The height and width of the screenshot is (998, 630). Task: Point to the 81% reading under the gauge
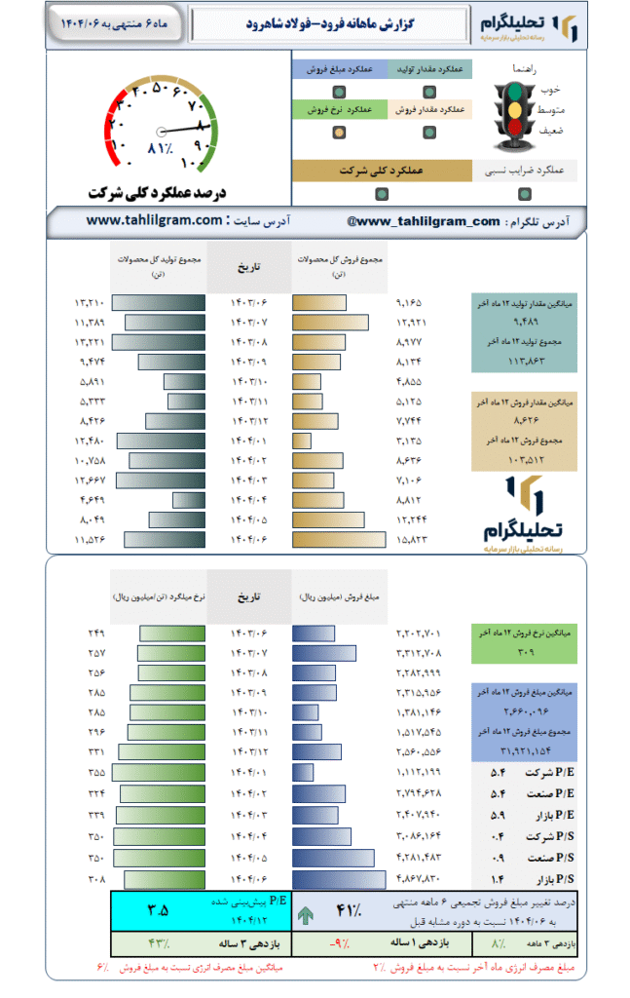(160, 148)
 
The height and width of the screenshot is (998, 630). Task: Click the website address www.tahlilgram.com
(154, 221)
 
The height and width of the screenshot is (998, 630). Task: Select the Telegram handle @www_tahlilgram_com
(423, 221)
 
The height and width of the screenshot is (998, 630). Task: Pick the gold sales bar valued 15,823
(330, 538)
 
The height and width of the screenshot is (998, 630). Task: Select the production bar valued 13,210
(158, 302)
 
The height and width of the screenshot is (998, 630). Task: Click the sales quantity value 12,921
(412, 322)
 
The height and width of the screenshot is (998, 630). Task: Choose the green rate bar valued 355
(158, 772)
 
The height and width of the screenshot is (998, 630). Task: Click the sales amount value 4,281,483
(419, 858)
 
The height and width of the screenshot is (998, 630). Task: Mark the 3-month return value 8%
(500, 943)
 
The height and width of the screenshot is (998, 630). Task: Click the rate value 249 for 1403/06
(95, 633)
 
